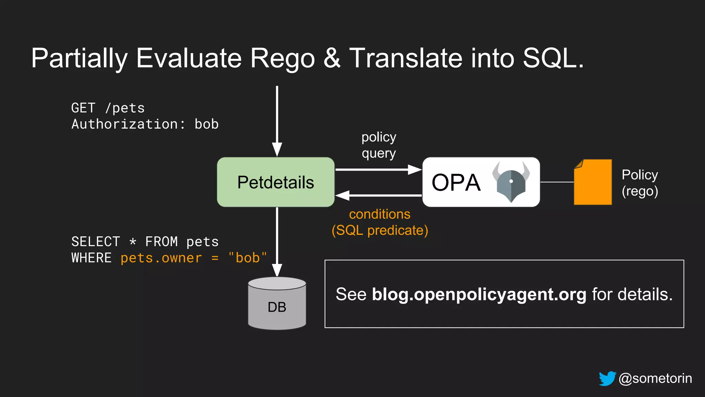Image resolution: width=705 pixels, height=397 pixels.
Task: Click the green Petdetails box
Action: point(275,182)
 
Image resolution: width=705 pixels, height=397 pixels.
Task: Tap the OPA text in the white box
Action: point(456,183)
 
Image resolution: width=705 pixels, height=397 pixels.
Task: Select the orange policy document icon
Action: point(593,182)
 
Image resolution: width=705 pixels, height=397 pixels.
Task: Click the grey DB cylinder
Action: point(277,304)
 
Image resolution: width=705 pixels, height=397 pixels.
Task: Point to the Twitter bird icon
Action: point(607,378)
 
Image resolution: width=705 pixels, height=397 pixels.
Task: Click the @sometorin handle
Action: point(655,378)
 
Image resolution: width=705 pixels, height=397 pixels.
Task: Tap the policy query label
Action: point(379,145)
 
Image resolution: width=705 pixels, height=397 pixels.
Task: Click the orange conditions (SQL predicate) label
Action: point(380,222)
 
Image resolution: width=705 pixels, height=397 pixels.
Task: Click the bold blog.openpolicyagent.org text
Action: point(479,294)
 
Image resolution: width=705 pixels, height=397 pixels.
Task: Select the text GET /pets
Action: point(108,108)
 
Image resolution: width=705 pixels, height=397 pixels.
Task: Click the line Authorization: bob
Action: point(145,124)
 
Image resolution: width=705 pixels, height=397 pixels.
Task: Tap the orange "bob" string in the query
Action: point(248,258)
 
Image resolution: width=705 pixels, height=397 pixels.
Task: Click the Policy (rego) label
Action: point(640,183)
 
